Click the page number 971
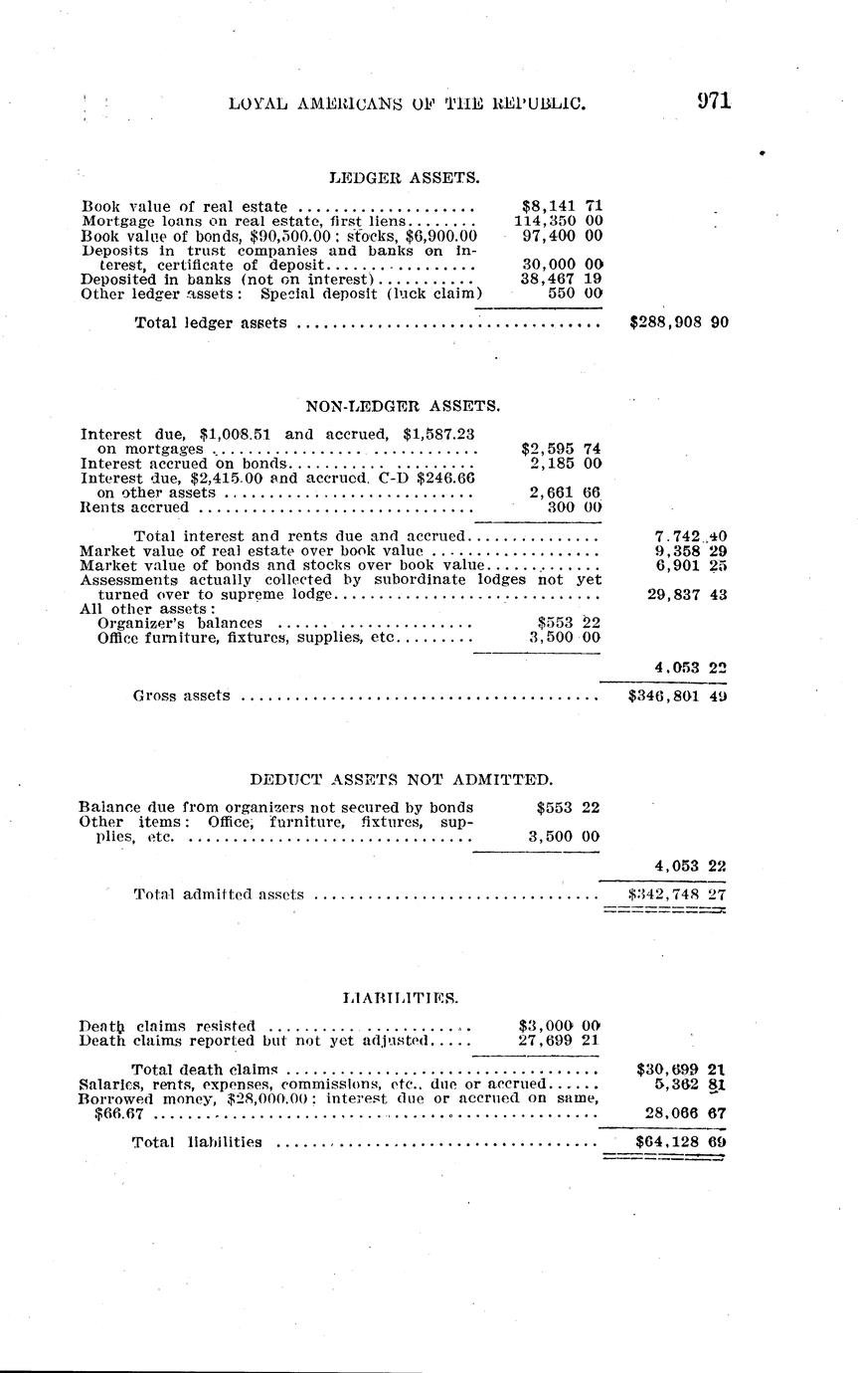pos(714,100)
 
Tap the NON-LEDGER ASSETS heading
pos(403,406)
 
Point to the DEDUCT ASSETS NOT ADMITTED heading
pos(401,779)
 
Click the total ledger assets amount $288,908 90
pos(680,322)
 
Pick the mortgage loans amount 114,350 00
pos(558,221)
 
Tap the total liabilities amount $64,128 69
pos(680,1142)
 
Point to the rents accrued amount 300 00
pos(575,507)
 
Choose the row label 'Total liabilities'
pos(197,1142)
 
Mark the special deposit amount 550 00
pos(575,294)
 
